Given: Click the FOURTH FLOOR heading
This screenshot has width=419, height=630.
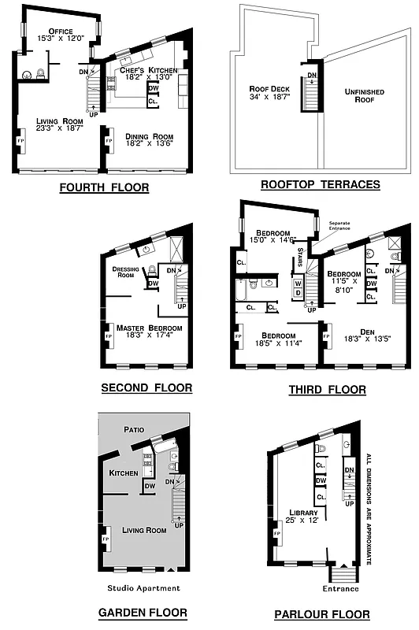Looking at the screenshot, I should pyautogui.click(x=104, y=188).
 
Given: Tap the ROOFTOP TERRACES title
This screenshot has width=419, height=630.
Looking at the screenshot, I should pyautogui.click(x=320, y=185).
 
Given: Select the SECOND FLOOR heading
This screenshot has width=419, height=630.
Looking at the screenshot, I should pyautogui.click(x=146, y=388).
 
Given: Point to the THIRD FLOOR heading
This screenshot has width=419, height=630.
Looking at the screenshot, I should pyautogui.click(x=327, y=389).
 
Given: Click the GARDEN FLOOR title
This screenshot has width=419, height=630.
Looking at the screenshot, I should pyautogui.click(x=143, y=612).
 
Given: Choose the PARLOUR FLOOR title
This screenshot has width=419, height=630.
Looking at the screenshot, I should pyautogui.click(x=321, y=614).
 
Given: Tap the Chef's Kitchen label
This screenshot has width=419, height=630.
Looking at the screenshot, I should pyautogui.click(x=146, y=69).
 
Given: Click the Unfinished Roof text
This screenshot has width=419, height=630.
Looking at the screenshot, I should pyautogui.click(x=363, y=96).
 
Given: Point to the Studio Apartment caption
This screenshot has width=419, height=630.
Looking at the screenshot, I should pyautogui.click(x=143, y=587).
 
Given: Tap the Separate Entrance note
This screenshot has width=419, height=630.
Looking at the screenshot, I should pyautogui.click(x=344, y=225).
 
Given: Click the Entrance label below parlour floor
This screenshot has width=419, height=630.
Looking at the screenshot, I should pyautogui.click(x=341, y=588).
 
